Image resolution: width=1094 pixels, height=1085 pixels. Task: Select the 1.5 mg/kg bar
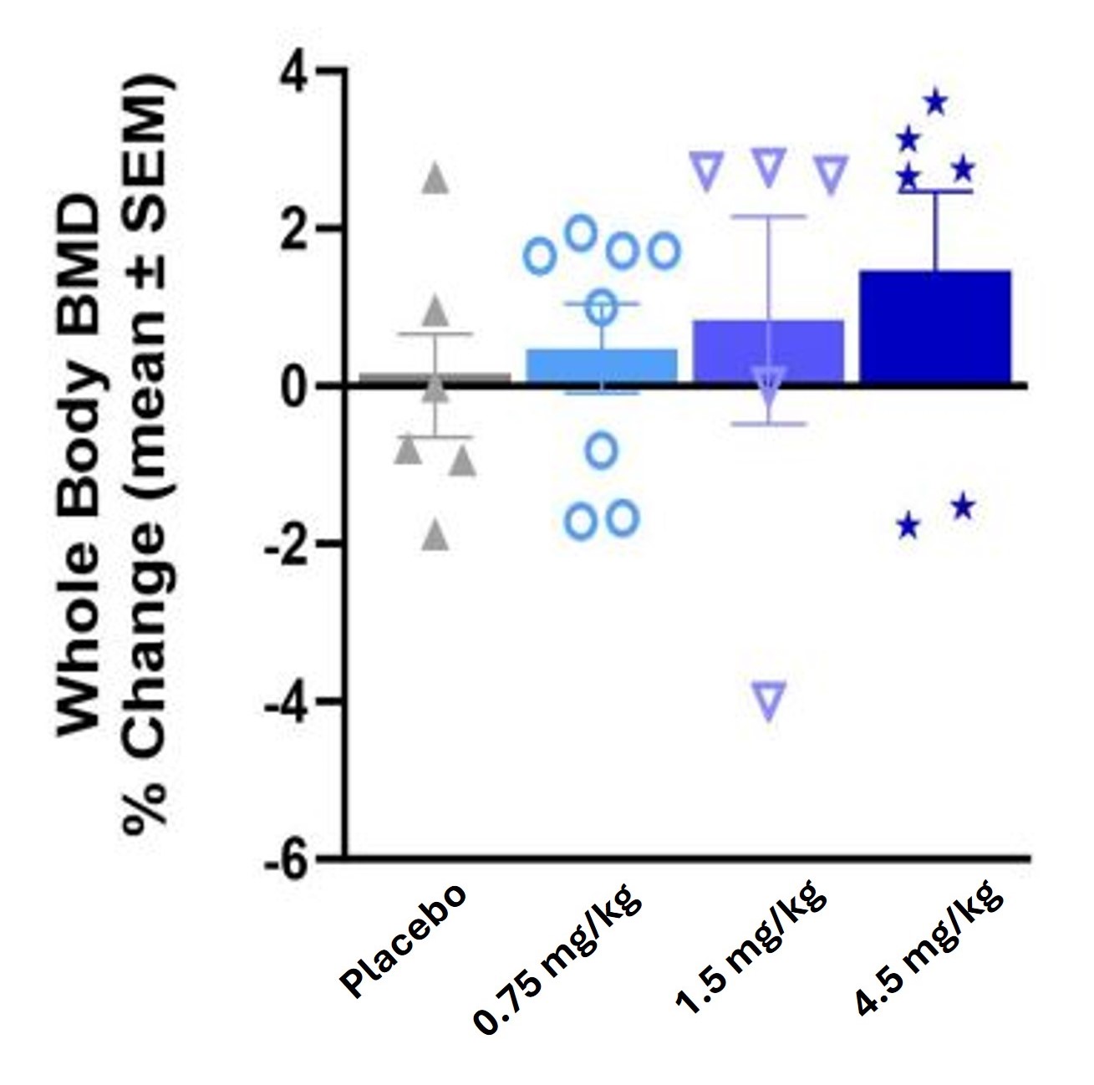(768, 351)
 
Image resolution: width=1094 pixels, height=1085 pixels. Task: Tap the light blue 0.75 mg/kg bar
(601, 366)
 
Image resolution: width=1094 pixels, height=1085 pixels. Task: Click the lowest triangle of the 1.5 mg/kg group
(770, 699)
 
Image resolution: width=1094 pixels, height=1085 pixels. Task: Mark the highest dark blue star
(935, 103)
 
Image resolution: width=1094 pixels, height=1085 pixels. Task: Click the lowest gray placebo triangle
(435, 536)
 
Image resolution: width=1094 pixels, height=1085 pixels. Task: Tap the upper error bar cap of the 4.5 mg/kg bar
(935, 191)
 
